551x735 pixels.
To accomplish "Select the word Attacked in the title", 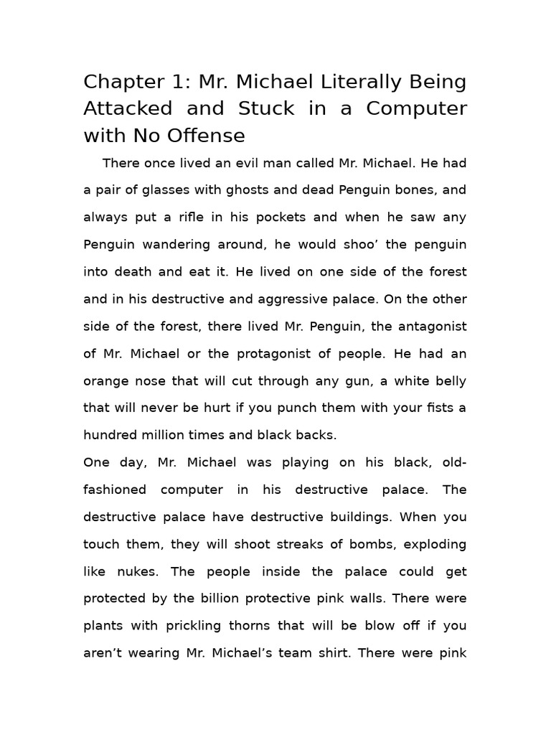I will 128,108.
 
